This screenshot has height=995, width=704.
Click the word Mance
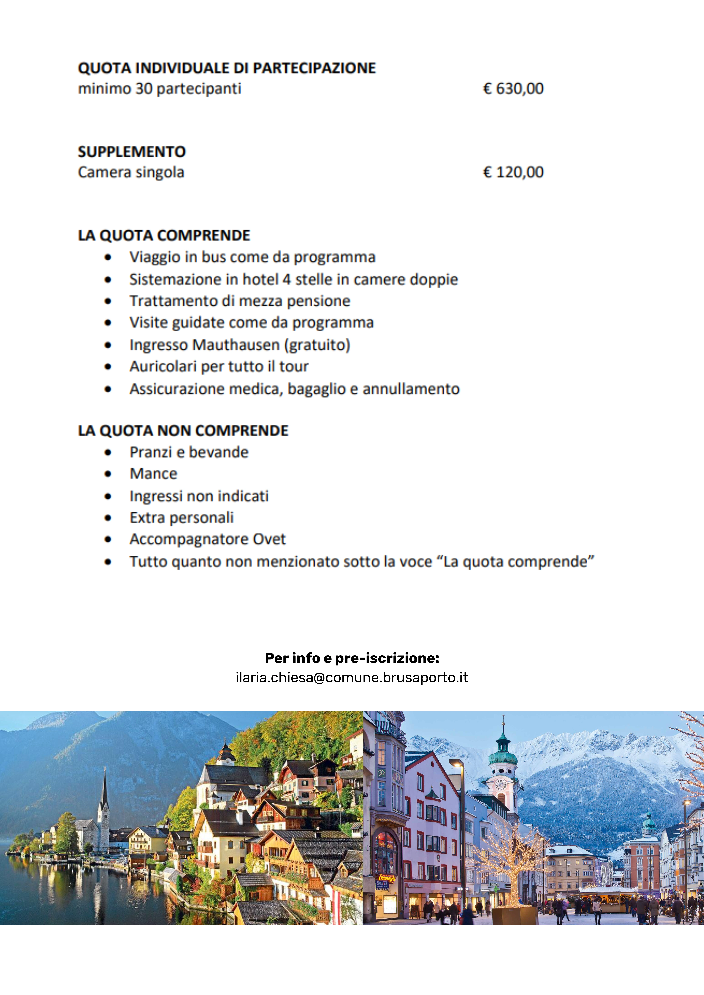click(x=154, y=474)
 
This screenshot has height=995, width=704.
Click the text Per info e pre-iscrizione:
click(x=352, y=658)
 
